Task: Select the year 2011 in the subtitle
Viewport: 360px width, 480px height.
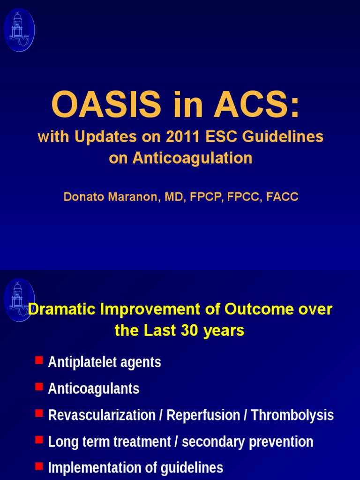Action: (182, 137)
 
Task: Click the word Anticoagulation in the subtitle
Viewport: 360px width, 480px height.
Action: (192, 158)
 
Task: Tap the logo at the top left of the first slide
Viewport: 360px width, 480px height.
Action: (19, 30)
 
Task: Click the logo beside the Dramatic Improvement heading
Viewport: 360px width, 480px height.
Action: (19, 300)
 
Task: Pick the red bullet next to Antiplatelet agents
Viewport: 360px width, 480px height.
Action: (39, 360)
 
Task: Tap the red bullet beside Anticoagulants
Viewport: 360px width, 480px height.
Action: (39, 387)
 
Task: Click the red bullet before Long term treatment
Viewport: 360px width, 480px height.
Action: (39, 440)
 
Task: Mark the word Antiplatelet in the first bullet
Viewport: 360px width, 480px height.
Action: (77, 362)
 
